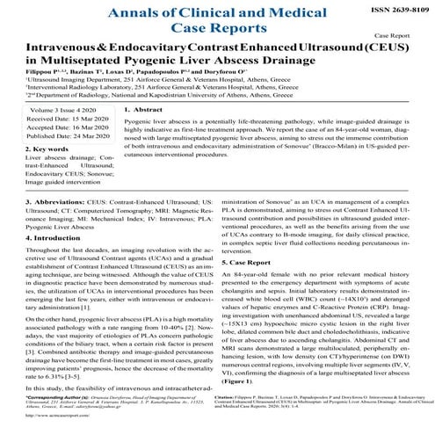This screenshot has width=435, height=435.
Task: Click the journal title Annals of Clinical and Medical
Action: [216, 11]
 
